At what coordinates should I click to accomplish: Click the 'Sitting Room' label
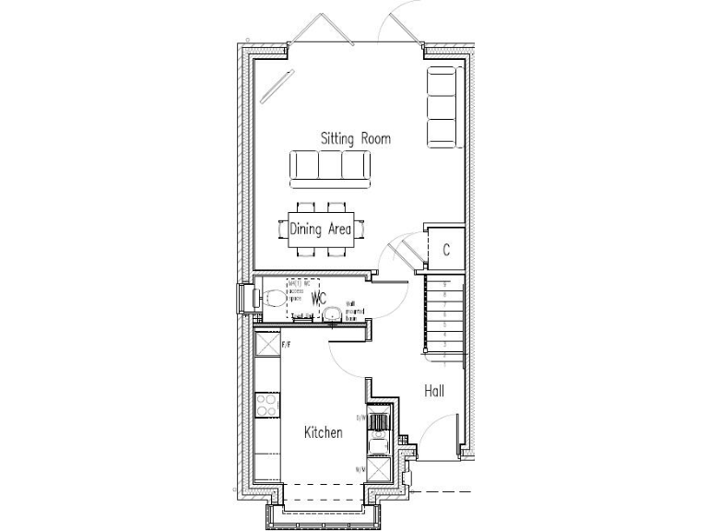pos(355,139)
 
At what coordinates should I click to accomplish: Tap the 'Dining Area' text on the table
pos(321,230)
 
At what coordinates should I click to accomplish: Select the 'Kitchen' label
pos(324,431)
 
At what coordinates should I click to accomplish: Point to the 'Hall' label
pos(434,391)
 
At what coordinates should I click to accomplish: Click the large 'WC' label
pos(319,299)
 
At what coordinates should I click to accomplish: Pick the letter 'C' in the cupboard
pos(445,250)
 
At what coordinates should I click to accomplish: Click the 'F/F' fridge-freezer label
pos(286,345)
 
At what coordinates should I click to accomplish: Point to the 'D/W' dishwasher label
pos(361,418)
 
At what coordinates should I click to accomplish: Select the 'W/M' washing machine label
pos(360,469)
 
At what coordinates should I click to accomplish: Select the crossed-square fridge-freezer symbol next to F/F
pos(267,346)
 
